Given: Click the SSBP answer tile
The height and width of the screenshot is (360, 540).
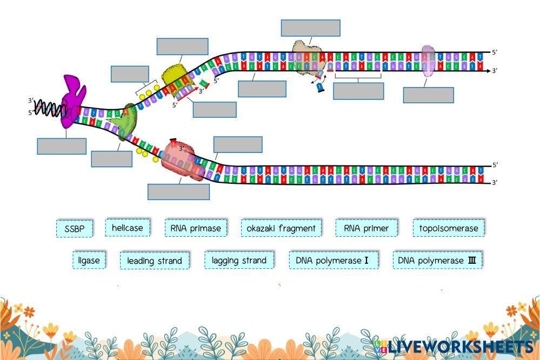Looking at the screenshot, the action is click(75, 229).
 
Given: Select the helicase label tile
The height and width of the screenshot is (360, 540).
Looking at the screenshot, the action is click(128, 228).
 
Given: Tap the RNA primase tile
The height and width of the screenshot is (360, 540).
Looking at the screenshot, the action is click(196, 228).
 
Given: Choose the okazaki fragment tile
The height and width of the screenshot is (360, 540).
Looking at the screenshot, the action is click(281, 228).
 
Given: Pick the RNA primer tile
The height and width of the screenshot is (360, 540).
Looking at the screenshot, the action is click(366, 228).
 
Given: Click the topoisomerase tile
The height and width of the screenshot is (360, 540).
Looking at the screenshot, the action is click(449, 228).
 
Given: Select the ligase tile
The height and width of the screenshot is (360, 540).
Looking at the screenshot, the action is click(89, 260).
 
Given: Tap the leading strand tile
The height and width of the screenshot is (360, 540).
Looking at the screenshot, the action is click(155, 261).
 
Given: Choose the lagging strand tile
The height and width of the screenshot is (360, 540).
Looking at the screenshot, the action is click(239, 260).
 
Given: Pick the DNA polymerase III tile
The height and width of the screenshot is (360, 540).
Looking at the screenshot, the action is click(437, 260).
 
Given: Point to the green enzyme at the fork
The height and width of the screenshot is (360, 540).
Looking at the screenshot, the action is click(129, 122).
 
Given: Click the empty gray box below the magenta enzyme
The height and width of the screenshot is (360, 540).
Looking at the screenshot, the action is click(62, 146).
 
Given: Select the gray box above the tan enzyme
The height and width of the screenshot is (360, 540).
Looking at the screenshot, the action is click(310, 28).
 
